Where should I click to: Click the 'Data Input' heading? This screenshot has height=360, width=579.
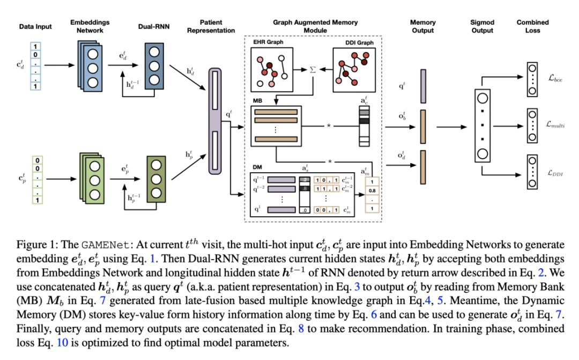(x=36, y=27)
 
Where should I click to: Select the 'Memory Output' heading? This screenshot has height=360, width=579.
(x=423, y=27)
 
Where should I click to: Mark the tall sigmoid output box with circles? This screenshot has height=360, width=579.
(x=482, y=125)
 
